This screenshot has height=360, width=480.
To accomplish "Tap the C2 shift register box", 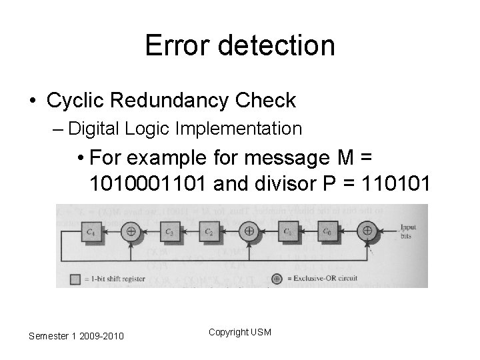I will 209,231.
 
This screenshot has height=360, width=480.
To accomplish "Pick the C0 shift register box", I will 326,231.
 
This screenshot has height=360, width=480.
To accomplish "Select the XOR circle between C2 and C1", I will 249,231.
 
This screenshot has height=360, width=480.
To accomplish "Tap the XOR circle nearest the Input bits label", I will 366,231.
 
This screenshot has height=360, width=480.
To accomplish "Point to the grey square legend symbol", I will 75,279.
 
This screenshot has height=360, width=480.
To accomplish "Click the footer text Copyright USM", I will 239,331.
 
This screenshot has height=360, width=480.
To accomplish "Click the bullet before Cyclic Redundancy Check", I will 33,101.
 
